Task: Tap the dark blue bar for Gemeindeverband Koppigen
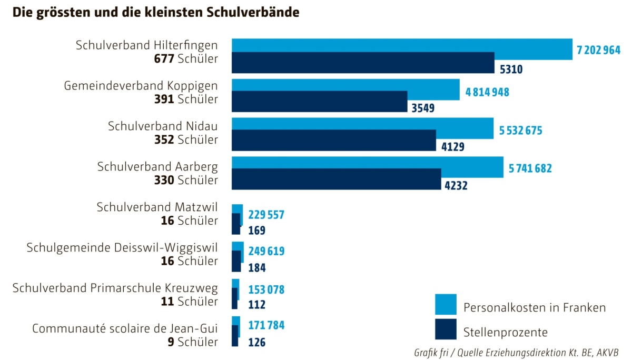(x=319, y=102)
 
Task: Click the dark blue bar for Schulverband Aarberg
(x=336, y=179)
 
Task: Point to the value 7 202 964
(x=599, y=51)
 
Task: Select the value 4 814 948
(x=487, y=92)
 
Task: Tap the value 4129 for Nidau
(x=453, y=146)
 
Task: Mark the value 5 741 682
(x=530, y=169)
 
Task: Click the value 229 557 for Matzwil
(x=266, y=215)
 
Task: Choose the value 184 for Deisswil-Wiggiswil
(x=256, y=267)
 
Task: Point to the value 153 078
(x=266, y=289)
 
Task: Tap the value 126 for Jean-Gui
(x=256, y=342)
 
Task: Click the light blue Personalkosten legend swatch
(x=445, y=304)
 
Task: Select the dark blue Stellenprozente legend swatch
(x=445, y=329)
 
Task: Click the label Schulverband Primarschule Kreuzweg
(x=115, y=288)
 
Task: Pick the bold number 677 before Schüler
(x=164, y=58)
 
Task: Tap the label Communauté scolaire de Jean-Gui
(x=125, y=329)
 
